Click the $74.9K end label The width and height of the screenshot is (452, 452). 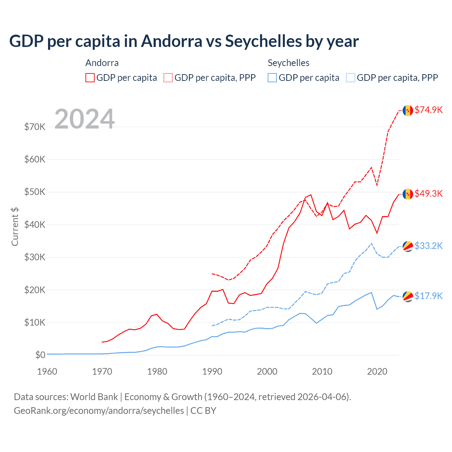(x=428, y=110)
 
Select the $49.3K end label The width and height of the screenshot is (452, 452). (x=428, y=194)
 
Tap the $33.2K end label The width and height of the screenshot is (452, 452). (x=428, y=246)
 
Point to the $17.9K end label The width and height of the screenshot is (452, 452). (x=428, y=296)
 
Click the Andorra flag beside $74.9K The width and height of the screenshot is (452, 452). (x=408, y=111)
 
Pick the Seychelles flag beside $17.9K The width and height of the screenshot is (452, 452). (x=408, y=297)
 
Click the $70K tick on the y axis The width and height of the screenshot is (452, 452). (x=35, y=127)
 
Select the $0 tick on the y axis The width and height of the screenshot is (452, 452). (x=40, y=355)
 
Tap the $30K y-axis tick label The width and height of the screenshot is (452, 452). (x=35, y=257)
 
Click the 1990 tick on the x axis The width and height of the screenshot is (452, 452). (x=212, y=371)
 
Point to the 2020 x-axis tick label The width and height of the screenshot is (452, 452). (x=377, y=371)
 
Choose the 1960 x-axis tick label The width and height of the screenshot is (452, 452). (x=47, y=371)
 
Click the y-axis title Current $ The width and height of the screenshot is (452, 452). (x=15, y=226)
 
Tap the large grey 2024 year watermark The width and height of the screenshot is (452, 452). (x=85, y=119)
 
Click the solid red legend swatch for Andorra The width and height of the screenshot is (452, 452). (x=90, y=78)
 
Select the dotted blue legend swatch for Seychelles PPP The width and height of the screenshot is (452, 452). (x=351, y=78)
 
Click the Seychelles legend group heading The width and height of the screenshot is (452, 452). (x=289, y=63)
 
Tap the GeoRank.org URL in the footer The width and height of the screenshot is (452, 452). (x=99, y=411)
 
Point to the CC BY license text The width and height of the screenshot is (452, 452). (x=203, y=411)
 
